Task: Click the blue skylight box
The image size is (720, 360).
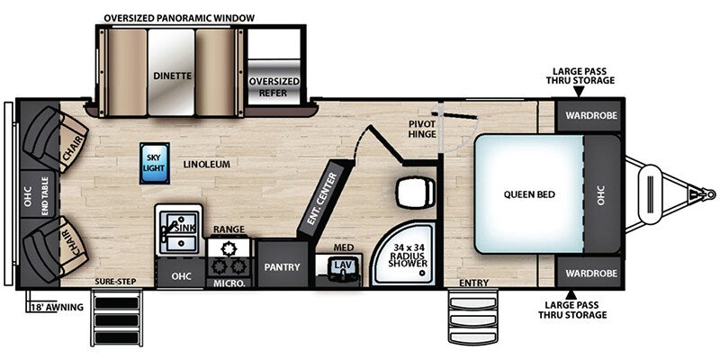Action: [x=155, y=163]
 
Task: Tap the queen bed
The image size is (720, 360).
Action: [x=529, y=193]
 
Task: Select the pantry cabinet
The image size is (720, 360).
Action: [x=282, y=264]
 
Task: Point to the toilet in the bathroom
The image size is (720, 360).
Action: [x=415, y=193]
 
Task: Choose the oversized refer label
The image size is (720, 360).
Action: [x=274, y=87]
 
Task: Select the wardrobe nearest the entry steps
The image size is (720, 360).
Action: [x=589, y=273]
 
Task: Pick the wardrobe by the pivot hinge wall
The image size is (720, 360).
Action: [x=589, y=115]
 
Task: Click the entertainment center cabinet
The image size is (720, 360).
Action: [x=320, y=198]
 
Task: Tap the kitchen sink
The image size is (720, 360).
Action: [x=178, y=229]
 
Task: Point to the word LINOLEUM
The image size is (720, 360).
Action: [x=207, y=164]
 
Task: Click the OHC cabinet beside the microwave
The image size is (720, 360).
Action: [x=182, y=275]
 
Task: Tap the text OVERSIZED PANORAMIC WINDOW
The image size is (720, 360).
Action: [x=179, y=18]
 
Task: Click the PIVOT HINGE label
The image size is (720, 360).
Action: [x=422, y=129]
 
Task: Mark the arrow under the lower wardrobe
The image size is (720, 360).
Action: [x=571, y=294]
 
